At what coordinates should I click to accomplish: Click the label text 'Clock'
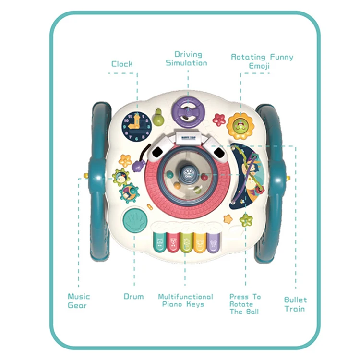pos(122,64)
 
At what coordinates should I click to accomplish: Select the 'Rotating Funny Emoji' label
pos(262,61)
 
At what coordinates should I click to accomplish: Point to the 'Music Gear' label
pos(79,300)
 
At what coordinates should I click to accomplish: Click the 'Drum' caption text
pos(133,297)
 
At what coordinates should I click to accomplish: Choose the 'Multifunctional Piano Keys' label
pos(185,300)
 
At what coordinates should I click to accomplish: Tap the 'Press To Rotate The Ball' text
pos(245,304)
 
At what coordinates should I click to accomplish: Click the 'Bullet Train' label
pos(295,304)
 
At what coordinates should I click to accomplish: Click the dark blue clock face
pos(137,126)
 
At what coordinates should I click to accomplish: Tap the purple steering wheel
pos(188,110)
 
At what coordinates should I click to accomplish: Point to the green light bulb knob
pos(158,117)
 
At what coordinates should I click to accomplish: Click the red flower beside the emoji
pos(219,119)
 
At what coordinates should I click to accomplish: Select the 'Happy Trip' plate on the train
pos(187,137)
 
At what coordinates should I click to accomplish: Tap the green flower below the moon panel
pos(246,220)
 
